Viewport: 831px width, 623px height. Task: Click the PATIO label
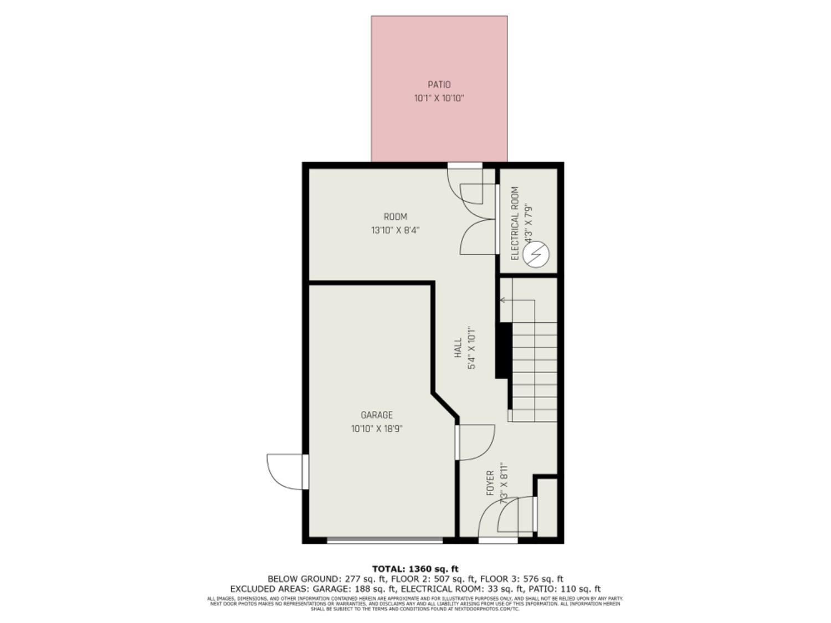click(x=439, y=85)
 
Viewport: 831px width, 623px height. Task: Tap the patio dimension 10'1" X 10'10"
click(x=439, y=99)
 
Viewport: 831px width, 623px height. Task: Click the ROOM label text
click(x=395, y=217)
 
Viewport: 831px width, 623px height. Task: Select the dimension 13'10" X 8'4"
click(x=395, y=230)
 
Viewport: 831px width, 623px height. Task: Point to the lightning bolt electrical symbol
click(x=536, y=255)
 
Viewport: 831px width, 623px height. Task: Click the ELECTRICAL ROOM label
click(x=515, y=223)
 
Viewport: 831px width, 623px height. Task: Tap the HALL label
click(x=458, y=348)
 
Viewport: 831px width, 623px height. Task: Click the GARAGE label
click(x=377, y=415)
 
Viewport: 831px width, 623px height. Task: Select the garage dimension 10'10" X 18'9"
click(x=377, y=429)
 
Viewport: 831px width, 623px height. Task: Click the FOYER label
click(x=490, y=483)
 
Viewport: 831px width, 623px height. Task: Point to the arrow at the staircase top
click(x=503, y=300)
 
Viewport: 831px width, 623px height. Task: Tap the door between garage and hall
click(x=474, y=442)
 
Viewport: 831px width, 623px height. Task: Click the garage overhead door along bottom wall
click(x=384, y=540)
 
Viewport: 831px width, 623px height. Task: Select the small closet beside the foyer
click(x=547, y=507)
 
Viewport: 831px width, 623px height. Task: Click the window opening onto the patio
click(x=465, y=165)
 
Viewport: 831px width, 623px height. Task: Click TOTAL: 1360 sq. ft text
click(x=415, y=569)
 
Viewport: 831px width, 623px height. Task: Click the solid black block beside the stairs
click(x=503, y=350)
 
